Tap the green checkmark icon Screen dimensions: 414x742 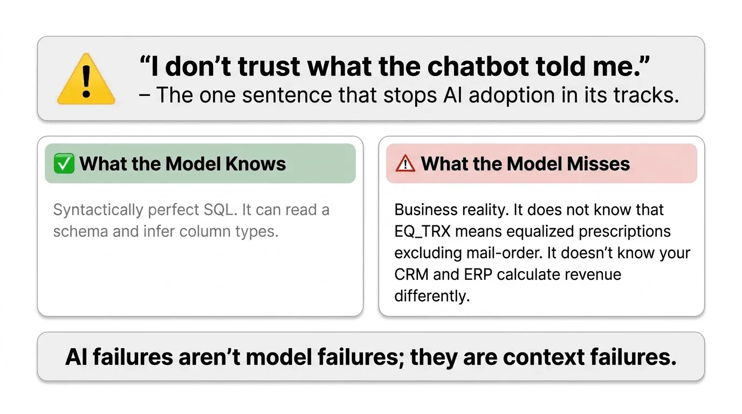pyautogui.click(x=64, y=163)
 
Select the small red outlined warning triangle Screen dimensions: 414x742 pyautogui.click(x=405, y=163)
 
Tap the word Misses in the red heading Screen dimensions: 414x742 pyautogui.click(x=599, y=163)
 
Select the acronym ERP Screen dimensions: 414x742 pyautogui.click(x=477, y=274)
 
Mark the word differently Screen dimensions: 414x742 pyautogui.click(x=431, y=296)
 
